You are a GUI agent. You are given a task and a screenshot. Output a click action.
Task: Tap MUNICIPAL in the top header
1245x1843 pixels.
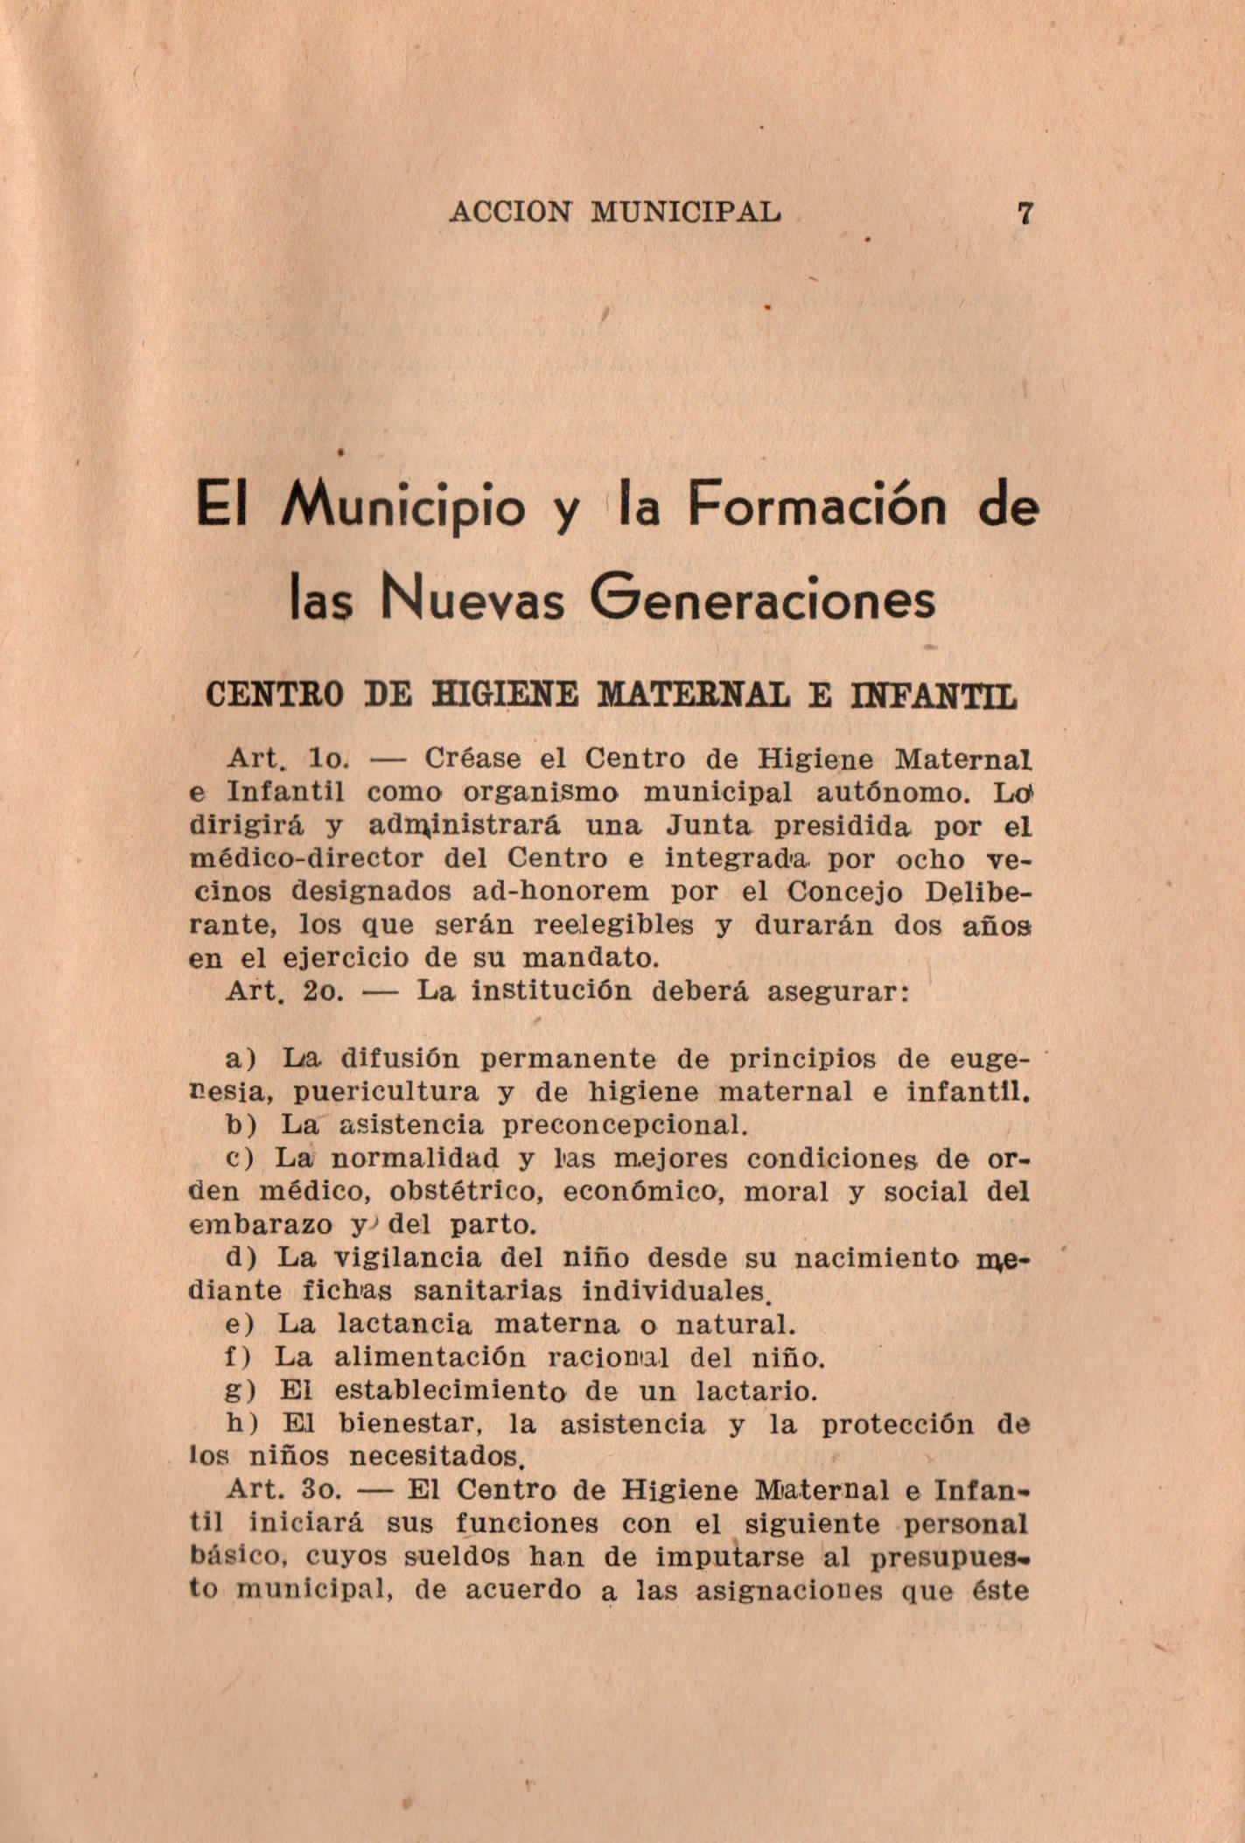(x=687, y=213)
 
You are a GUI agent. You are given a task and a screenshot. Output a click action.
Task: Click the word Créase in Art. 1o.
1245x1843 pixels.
(x=472, y=758)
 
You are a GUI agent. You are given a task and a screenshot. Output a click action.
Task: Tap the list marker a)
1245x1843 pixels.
(x=239, y=1060)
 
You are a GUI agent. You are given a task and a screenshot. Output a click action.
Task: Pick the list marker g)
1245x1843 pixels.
(x=239, y=1391)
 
